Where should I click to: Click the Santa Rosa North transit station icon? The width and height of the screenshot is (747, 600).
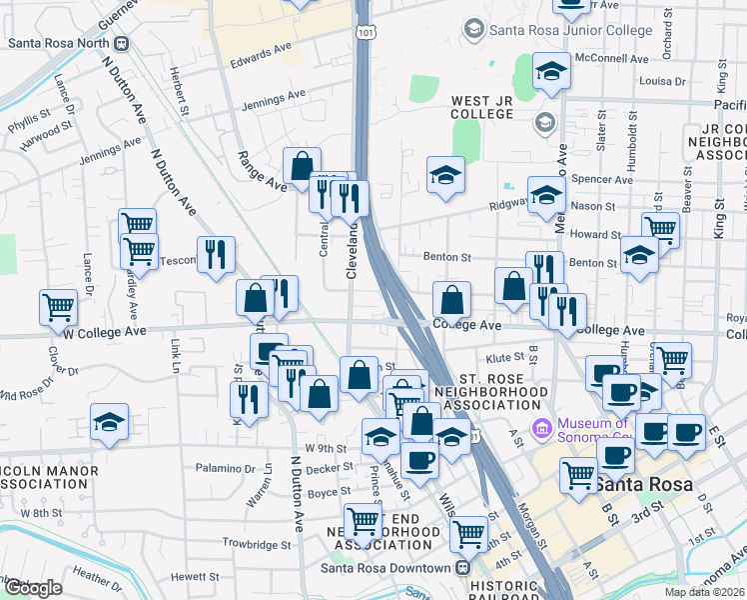122,43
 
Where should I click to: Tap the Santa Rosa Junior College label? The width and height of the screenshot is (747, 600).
558,31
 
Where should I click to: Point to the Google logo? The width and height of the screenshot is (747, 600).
33,588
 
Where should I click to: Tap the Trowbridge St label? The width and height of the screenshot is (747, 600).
257,546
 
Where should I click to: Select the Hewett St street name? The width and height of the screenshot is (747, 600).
194,576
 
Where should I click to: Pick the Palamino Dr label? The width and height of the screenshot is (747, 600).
225,468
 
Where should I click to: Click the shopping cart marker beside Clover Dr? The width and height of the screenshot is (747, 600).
58,307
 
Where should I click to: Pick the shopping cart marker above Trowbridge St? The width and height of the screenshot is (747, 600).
363,521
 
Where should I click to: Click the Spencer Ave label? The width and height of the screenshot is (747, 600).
602,180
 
